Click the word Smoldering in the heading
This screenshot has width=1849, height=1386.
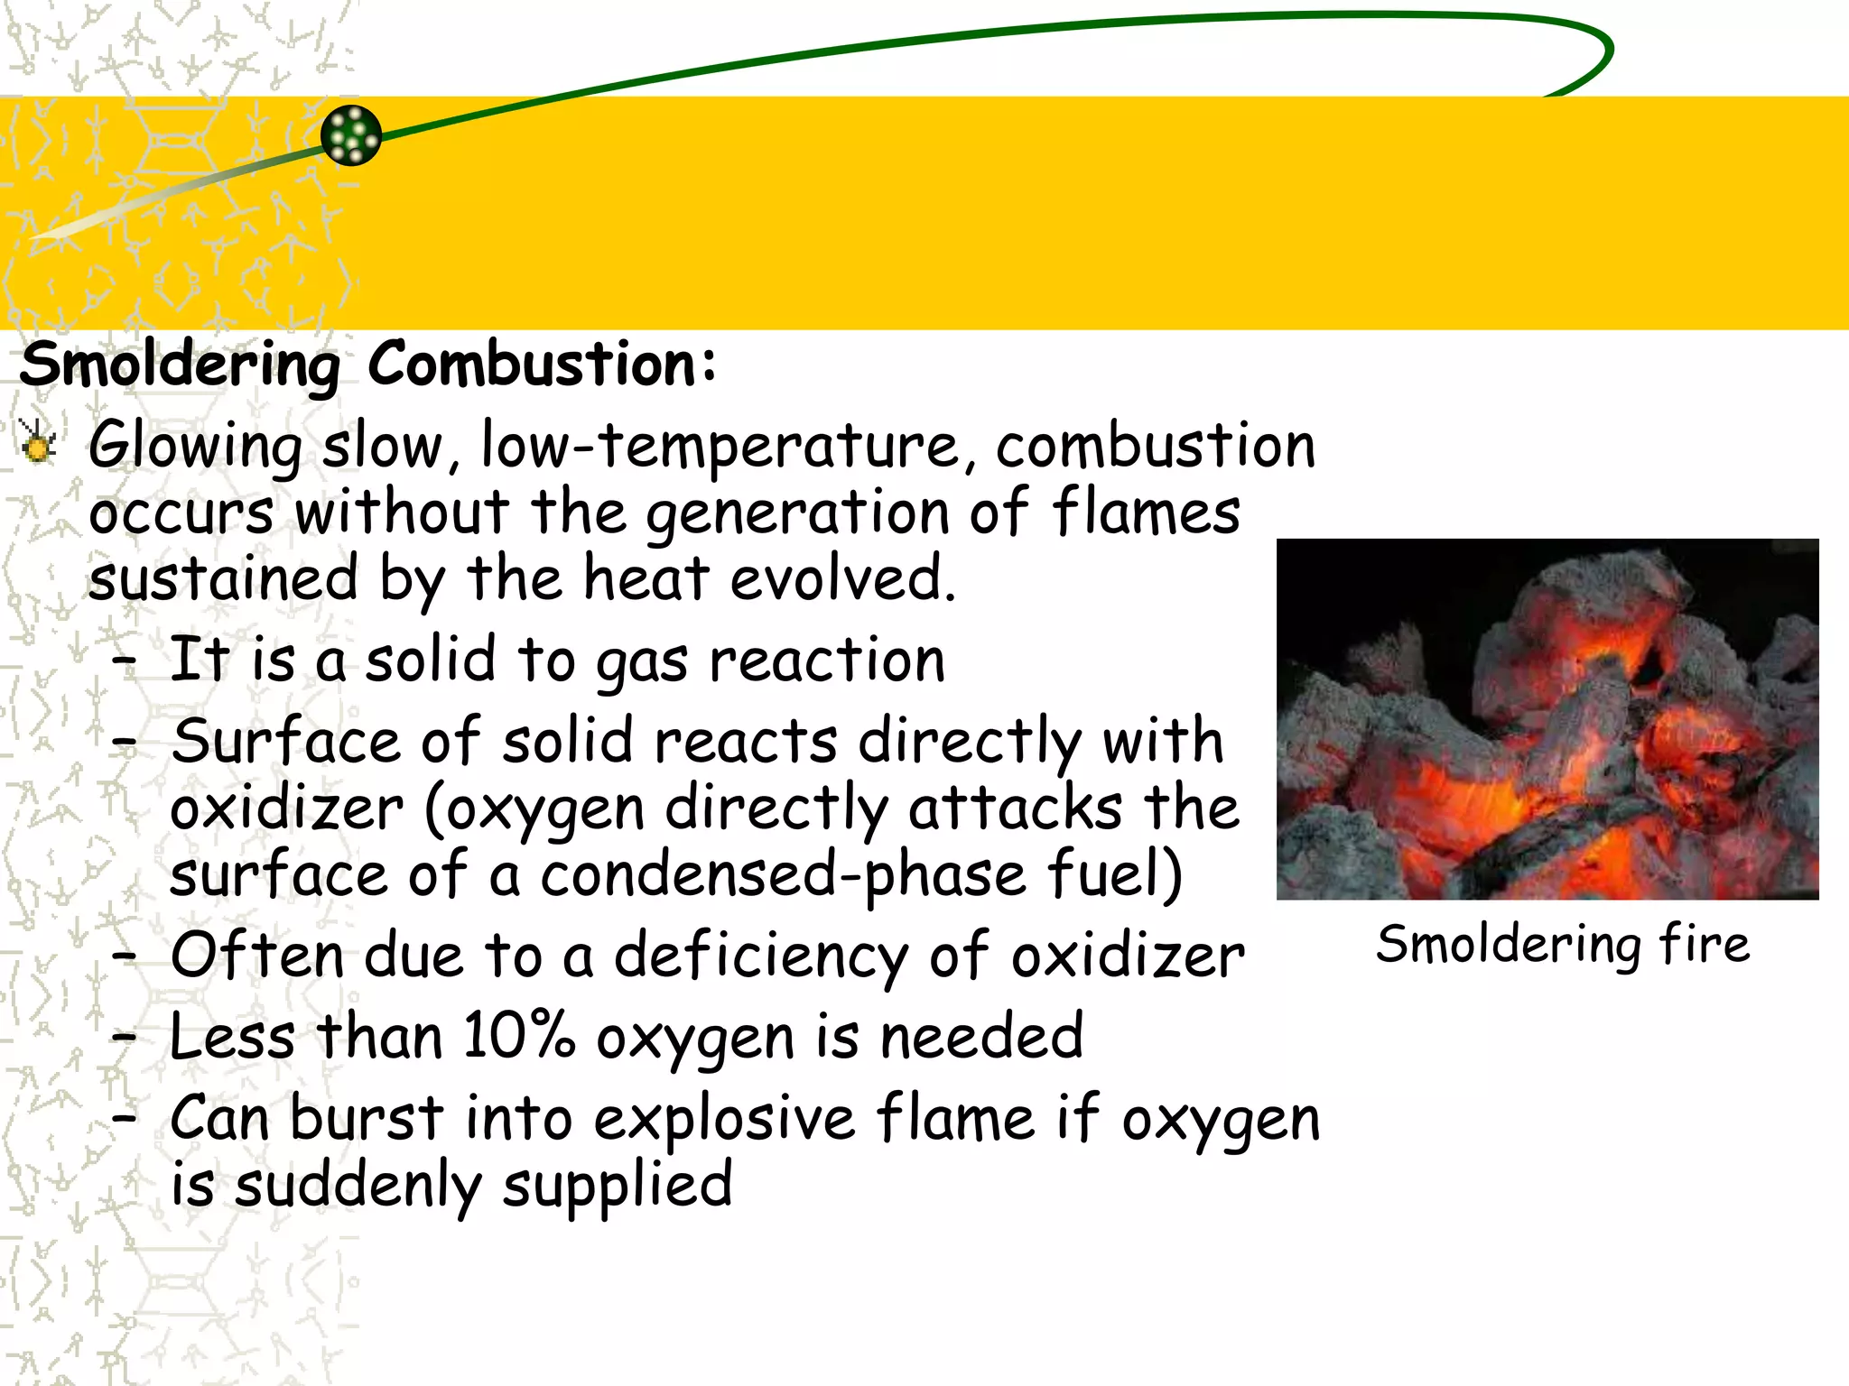pyautogui.click(x=180, y=365)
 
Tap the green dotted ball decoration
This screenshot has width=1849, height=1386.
pyautogui.click(x=351, y=135)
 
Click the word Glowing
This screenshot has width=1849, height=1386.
pyautogui.click(x=195, y=446)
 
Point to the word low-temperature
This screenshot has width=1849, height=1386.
pyautogui.click(x=720, y=446)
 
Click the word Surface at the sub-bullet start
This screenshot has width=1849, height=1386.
pyautogui.click(x=285, y=742)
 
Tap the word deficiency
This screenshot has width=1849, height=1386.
pyautogui.click(x=760, y=956)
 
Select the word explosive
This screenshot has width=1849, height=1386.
pyautogui.click(x=724, y=1119)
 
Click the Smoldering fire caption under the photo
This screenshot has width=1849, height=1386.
pyautogui.click(x=1563, y=946)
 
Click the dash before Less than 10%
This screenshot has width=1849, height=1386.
pyautogui.click(x=125, y=1038)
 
